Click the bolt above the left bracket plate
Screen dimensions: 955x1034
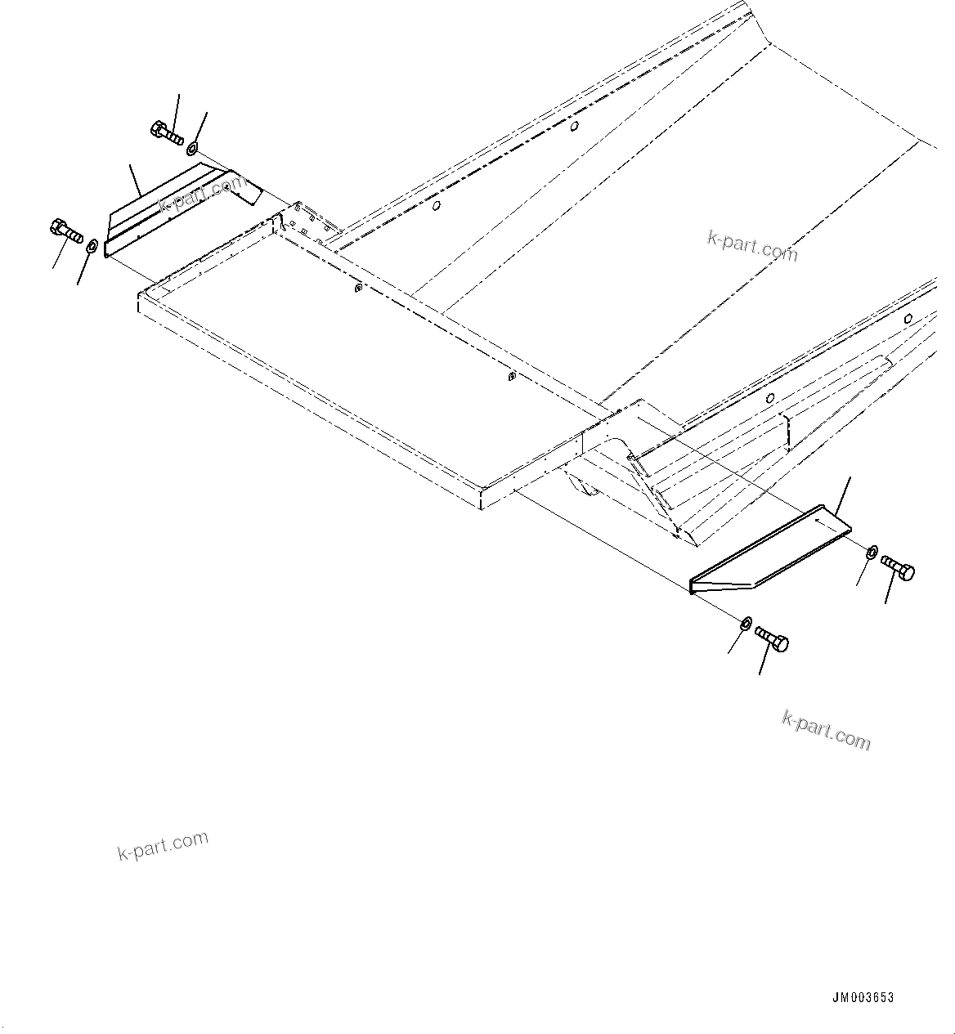point(167,132)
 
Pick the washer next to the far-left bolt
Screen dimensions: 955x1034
point(92,244)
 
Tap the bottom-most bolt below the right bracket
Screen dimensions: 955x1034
point(772,638)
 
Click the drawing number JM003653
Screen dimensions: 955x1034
point(863,998)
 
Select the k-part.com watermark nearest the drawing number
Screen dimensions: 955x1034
point(826,730)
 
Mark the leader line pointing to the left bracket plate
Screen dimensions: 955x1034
point(136,180)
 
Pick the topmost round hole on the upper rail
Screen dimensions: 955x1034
point(575,126)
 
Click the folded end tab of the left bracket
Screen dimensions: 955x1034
point(246,187)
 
